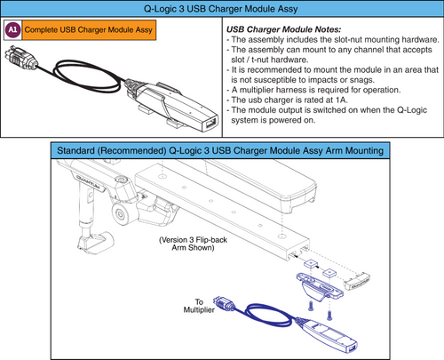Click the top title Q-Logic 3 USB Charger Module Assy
tap(221, 8)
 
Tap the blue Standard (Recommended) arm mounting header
tap(221, 151)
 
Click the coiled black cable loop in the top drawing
tap(80, 85)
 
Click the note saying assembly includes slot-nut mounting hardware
tap(329, 42)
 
